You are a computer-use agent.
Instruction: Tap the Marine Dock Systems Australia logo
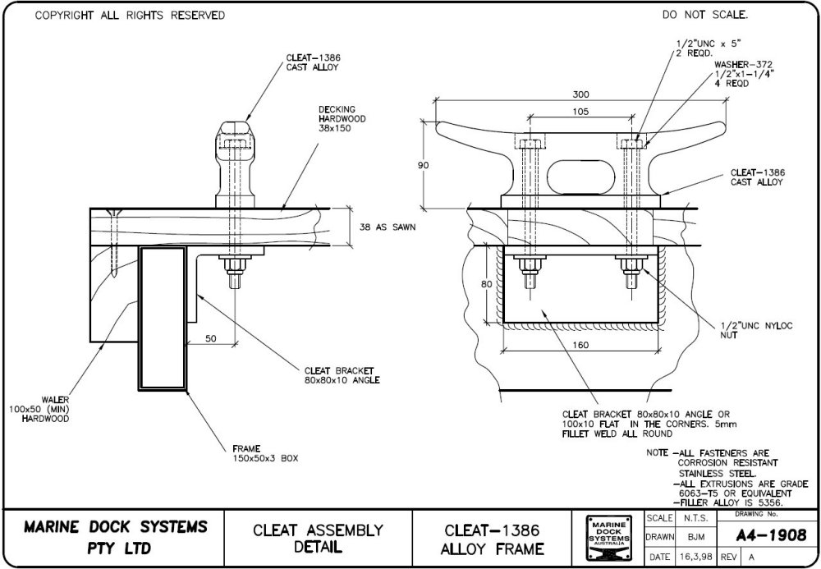[608, 539]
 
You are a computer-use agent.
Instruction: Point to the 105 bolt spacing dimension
[581, 111]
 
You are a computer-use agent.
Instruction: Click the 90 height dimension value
[423, 165]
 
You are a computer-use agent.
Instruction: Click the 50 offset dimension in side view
[212, 337]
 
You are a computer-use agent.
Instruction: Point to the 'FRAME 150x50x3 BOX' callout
[262, 453]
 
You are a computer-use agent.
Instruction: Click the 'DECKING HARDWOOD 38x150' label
[342, 118]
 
